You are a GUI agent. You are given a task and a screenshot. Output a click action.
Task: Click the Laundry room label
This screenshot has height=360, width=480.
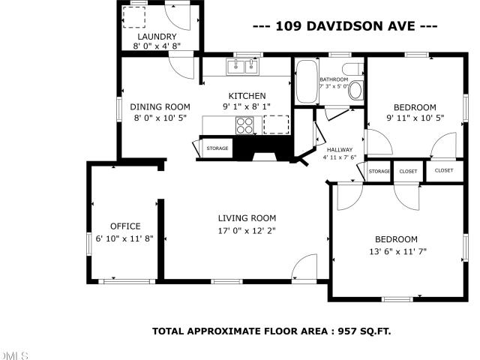tap(157, 37)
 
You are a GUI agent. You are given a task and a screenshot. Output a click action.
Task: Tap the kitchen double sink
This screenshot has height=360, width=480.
tap(243, 66)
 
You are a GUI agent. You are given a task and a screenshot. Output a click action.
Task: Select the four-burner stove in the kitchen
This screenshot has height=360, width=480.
tap(244, 125)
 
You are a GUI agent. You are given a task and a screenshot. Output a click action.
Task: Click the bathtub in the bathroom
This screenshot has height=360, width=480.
tap(307, 81)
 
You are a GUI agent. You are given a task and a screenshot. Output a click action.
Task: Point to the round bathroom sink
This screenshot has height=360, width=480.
tap(355, 90)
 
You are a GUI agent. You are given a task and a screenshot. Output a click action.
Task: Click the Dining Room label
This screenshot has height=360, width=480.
tap(160, 106)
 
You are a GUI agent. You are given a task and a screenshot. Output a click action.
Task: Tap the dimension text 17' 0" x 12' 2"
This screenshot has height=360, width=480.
tap(247, 230)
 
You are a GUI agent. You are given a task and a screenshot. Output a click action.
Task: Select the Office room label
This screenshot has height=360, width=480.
tap(125, 226)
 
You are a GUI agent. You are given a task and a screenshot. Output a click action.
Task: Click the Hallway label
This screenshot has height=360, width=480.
tap(340, 150)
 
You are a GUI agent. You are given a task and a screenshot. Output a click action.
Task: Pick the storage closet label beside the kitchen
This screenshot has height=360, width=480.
tap(217, 148)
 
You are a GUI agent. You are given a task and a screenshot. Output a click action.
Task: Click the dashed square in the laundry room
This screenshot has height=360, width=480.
tap(133, 17)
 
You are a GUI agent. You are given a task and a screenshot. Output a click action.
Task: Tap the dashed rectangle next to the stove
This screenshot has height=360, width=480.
tap(276, 124)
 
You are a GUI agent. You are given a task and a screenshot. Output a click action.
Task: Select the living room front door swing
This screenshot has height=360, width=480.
tap(304, 267)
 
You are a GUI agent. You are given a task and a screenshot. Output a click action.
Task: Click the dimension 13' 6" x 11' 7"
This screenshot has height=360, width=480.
tap(397, 252)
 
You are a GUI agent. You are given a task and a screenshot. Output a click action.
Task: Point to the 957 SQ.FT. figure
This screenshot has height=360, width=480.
tap(364, 331)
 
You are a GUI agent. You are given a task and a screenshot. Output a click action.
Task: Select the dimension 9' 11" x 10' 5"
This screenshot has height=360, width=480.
tap(415, 118)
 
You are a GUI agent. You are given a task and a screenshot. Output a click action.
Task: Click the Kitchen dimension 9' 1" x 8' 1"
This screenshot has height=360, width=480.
tap(247, 106)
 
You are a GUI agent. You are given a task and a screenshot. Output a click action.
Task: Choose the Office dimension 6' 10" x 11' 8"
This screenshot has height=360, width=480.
tap(124, 238)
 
